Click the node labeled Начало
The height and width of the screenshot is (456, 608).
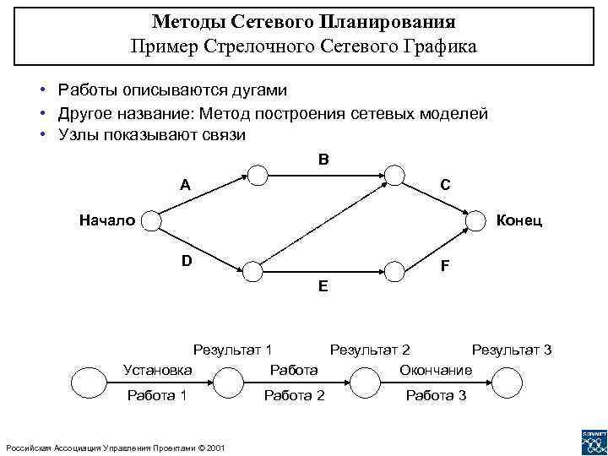tap(150, 220)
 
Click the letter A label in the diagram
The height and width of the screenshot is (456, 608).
tap(184, 185)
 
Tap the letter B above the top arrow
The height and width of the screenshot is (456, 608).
tap(324, 159)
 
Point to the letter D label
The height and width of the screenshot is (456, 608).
tap(186, 260)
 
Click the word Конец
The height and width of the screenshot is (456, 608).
tap(519, 221)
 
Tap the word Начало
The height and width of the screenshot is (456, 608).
tap(106, 220)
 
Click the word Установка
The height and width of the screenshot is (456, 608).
tap(157, 369)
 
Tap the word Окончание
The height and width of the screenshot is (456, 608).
tap(436, 370)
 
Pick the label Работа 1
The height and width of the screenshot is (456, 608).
tap(156, 396)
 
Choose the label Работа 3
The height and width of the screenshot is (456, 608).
tap(436, 396)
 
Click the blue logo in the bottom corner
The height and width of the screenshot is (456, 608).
tap(593, 442)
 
